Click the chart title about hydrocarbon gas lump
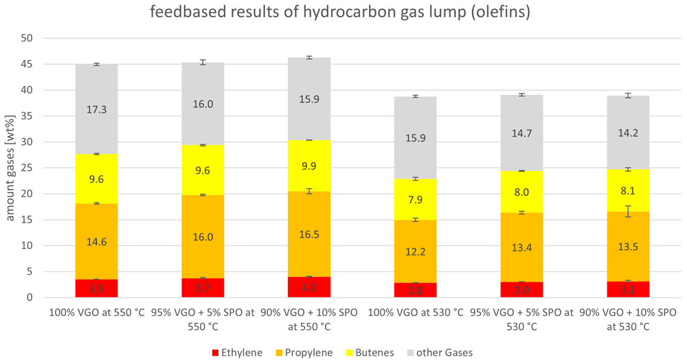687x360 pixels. pyautogui.click(x=340, y=12)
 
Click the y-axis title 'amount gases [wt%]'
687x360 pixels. pyautogui.click(x=10, y=168)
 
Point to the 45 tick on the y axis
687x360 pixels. pyautogui.click(x=27, y=65)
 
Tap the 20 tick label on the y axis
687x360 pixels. pyautogui.click(x=27, y=194)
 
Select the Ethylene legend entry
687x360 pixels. pyautogui.click(x=237, y=352)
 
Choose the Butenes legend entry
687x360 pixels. pyautogui.click(x=370, y=352)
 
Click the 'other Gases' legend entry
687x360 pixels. pyautogui.click(x=440, y=352)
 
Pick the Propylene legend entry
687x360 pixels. pyautogui.click(x=304, y=352)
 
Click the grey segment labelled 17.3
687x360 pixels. pyautogui.click(x=96, y=109)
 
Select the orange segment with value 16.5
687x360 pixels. pyautogui.click(x=309, y=234)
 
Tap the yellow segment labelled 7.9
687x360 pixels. pyautogui.click(x=416, y=200)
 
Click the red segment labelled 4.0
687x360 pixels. pyautogui.click(x=309, y=287)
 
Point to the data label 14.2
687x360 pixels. pyautogui.click(x=628, y=133)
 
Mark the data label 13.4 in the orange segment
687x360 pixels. pyautogui.click(x=522, y=248)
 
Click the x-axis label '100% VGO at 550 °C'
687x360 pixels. pyautogui.click(x=96, y=313)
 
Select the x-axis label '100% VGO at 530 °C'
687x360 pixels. pyautogui.click(x=416, y=313)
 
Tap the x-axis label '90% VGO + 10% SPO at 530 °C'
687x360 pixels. pyautogui.click(x=628, y=319)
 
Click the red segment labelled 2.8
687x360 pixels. pyautogui.click(x=416, y=290)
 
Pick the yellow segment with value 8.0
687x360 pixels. pyautogui.click(x=522, y=192)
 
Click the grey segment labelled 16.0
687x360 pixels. pyautogui.click(x=203, y=104)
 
